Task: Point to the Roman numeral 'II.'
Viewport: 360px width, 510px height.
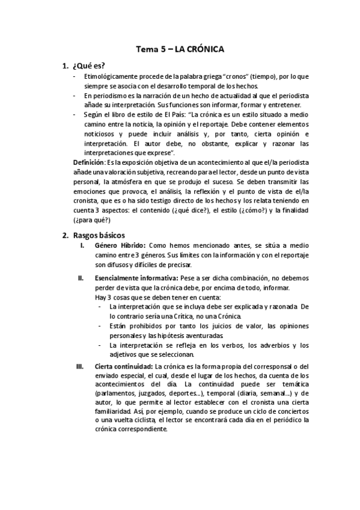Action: (x=80, y=278)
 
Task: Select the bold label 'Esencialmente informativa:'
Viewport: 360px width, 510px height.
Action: (x=135, y=278)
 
